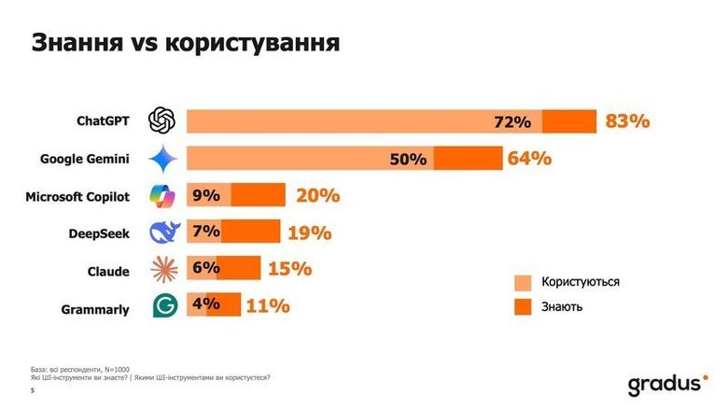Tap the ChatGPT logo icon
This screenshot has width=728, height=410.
point(164,121)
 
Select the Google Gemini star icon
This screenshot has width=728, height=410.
point(164,159)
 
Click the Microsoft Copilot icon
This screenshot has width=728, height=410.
point(164,195)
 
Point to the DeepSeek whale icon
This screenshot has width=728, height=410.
point(164,232)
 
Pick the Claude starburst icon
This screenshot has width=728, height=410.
point(164,269)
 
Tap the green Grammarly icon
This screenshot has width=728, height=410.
point(164,305)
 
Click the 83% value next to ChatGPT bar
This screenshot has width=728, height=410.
point(626,121)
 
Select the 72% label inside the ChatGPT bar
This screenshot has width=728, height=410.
point(512,122)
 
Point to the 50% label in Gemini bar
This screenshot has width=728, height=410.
point(434,160)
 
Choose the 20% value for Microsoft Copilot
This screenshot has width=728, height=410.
point(317,195)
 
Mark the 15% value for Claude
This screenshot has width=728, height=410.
point(288,269)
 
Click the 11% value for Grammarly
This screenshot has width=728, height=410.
point(268,305)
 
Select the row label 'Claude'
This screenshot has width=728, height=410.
point(108,271)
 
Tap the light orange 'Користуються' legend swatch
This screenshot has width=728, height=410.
point(523,282)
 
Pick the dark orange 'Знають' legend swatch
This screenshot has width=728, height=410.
point(523,306)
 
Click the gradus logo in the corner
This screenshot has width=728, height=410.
point(666,383)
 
